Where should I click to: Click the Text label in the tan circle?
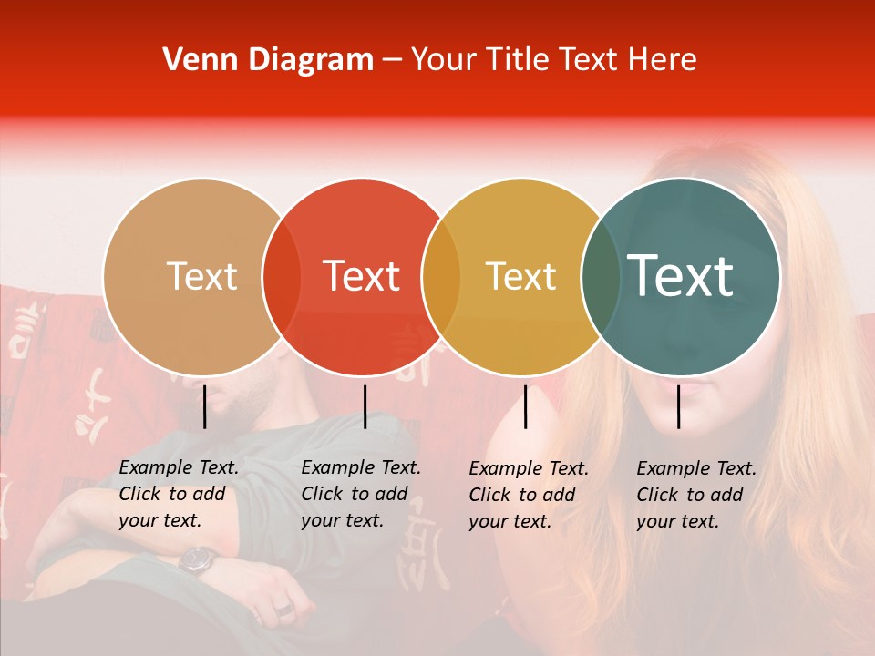(201, 276)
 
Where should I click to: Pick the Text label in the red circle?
(362, 276)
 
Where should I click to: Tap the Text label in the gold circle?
(520, 276)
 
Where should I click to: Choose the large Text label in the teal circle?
(681, 276)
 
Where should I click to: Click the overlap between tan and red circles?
(282, 276)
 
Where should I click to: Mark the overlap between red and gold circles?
(441, 276)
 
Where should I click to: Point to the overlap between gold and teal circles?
(601, 276)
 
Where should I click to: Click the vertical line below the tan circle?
(204, 406)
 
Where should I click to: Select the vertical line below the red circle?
(365, 406)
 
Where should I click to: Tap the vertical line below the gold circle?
(525, 406)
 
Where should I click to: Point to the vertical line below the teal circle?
(679, 406)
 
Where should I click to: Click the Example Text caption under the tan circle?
(179, 494)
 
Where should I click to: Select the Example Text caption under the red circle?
(361, 494)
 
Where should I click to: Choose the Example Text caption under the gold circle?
(529, 495)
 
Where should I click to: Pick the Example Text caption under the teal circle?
(696, 495)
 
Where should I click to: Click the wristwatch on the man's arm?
(197, 559)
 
